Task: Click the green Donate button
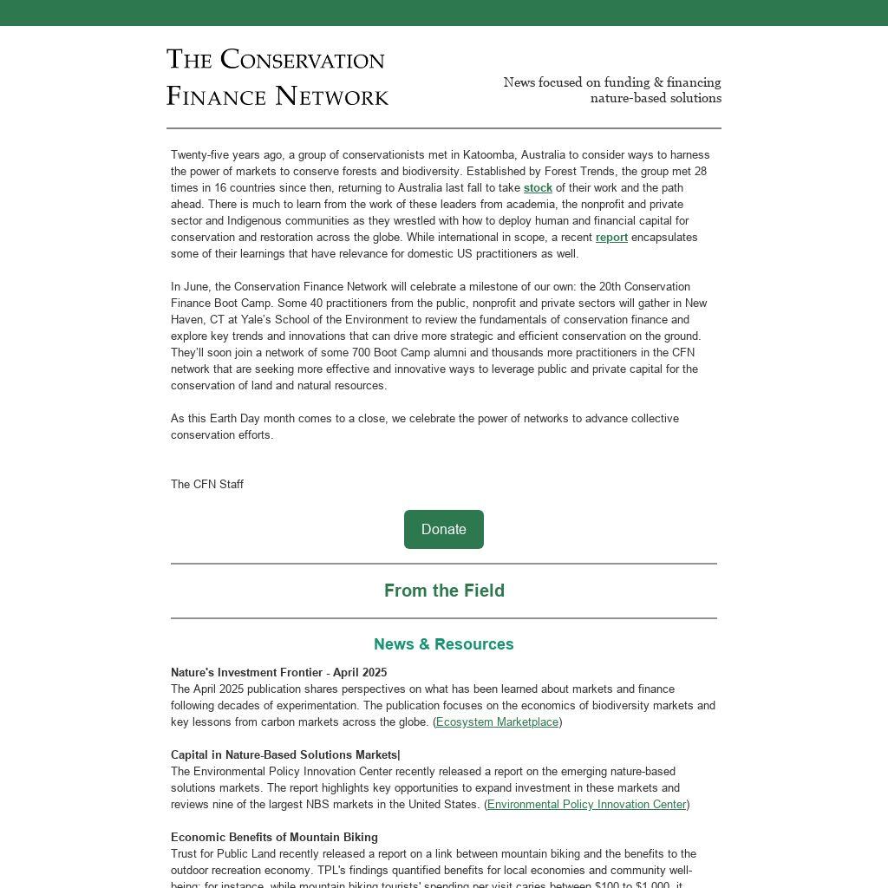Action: pos(443,529)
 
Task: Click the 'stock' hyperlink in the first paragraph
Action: pos(538,188)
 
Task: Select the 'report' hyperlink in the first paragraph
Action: pos(611,238)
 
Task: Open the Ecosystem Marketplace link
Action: pos(497,722)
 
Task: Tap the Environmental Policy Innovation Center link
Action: pos(586,805)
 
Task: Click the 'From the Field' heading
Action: pos(444,591)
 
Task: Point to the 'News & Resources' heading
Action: pos(444,644)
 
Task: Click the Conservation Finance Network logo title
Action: pos(277,77)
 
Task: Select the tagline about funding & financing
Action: pos(612,90)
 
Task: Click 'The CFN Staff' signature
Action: pos(207,485)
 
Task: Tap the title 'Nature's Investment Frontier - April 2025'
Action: pos(278,673)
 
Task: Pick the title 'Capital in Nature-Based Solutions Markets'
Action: pos(284,755)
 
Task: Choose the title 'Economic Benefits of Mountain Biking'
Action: pos(274,838)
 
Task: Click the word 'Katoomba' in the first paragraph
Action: pos(488,155)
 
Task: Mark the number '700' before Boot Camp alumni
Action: pos(362,353)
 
